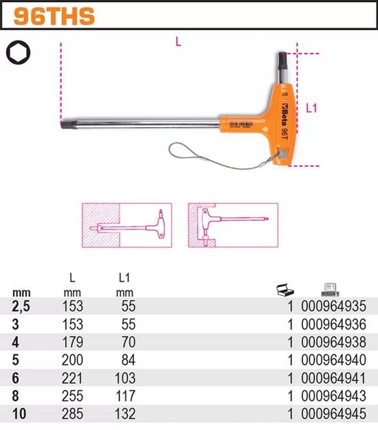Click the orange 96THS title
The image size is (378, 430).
point(54,16)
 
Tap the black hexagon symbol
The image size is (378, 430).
point(19,52)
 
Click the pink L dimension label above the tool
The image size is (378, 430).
point(178,42)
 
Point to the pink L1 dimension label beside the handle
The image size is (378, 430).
point(311,108)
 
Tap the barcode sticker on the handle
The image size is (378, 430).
point(241,125)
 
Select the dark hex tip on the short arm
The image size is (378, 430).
point(282,58)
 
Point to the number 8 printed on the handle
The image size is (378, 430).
point(285,94)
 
